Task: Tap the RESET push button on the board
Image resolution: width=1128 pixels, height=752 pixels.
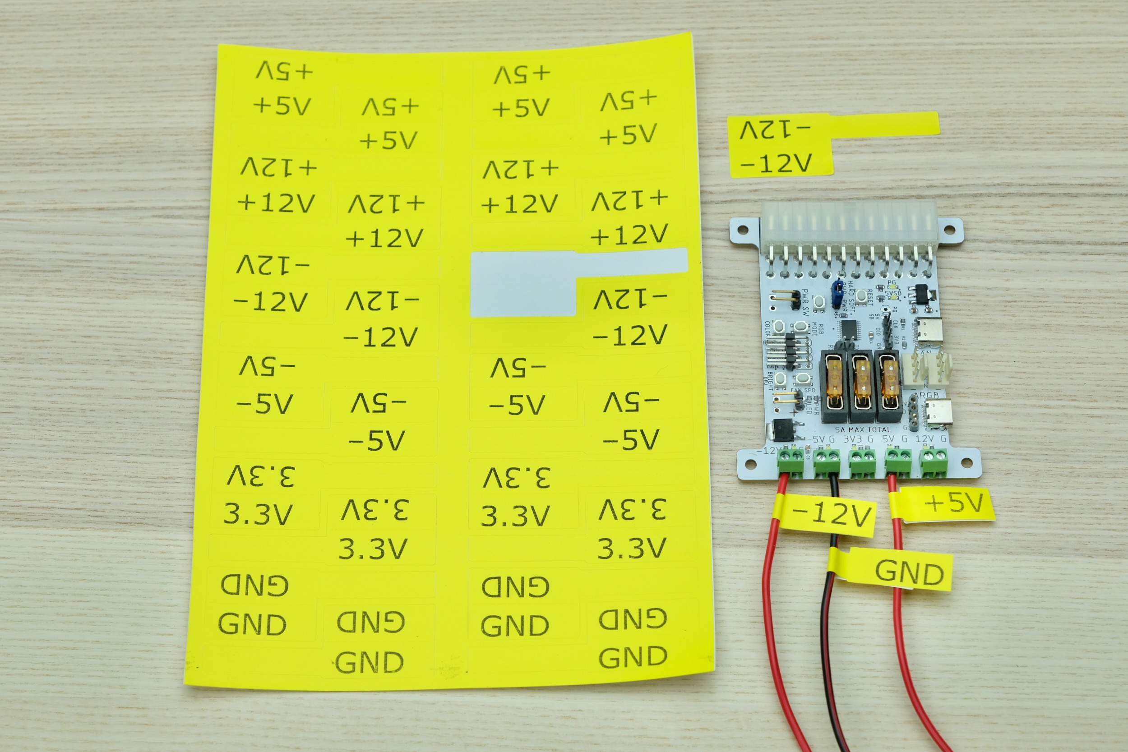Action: tap(861, 295)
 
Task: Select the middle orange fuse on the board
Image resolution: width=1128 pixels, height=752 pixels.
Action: tap(862, 378)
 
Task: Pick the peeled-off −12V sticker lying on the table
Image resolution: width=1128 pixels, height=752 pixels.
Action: tap(782, 146)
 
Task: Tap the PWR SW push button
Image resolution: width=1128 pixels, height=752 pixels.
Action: tap(818, 302)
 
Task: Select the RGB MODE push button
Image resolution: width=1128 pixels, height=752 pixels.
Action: tap(800, 328)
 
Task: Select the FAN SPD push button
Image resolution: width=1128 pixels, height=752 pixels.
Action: tap(800, 379)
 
